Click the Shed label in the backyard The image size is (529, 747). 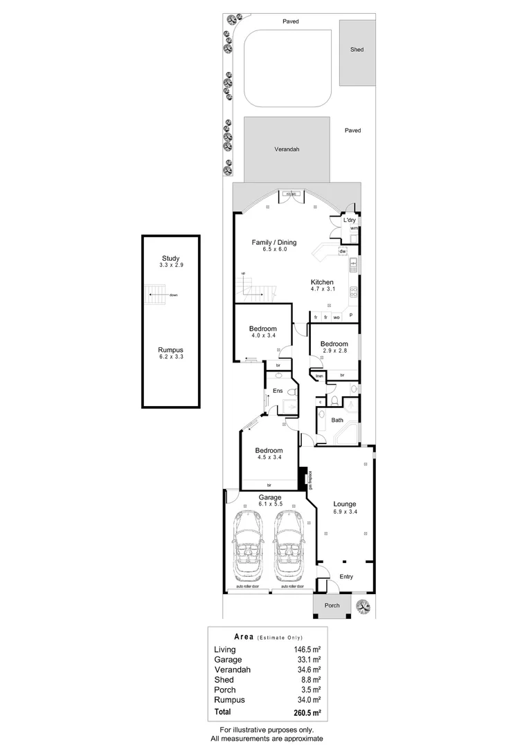coord(357,50)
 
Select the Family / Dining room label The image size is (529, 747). coord(274,242)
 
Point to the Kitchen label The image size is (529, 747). coord(322,282)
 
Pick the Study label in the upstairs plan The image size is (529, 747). coord(170,259)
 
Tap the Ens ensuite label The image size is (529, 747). coord(277,391)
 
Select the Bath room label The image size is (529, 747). coord(337,420)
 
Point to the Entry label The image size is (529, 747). coord(346,576)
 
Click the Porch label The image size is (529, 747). coord(332,606)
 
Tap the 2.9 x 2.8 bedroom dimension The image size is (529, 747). coord(334,351)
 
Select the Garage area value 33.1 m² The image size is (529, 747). coord(307,660)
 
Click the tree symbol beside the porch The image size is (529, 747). coord(362,606)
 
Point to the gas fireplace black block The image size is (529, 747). coord(302,477)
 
